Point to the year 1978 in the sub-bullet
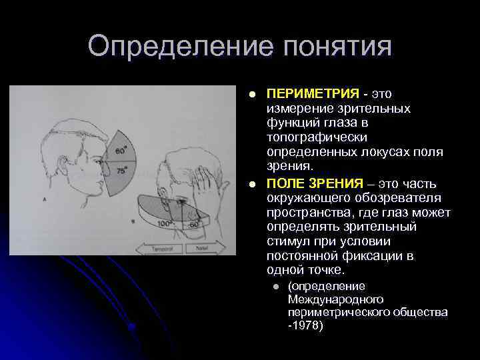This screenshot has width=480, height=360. coord(307,327)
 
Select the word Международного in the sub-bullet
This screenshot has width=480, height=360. coord(327,299)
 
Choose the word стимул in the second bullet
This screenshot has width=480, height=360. coord(287,242)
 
